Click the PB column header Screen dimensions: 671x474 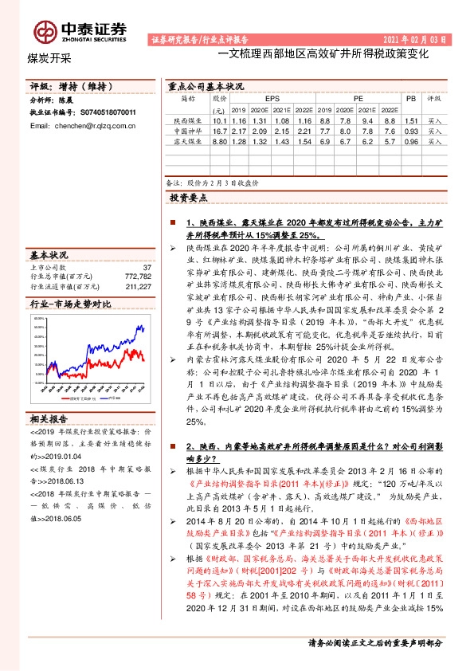411,98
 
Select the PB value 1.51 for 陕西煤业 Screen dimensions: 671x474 411,120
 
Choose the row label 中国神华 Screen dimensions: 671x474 189,130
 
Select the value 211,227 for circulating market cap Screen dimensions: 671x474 138,285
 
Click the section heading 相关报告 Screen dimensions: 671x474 51,418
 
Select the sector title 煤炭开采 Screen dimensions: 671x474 45,58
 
